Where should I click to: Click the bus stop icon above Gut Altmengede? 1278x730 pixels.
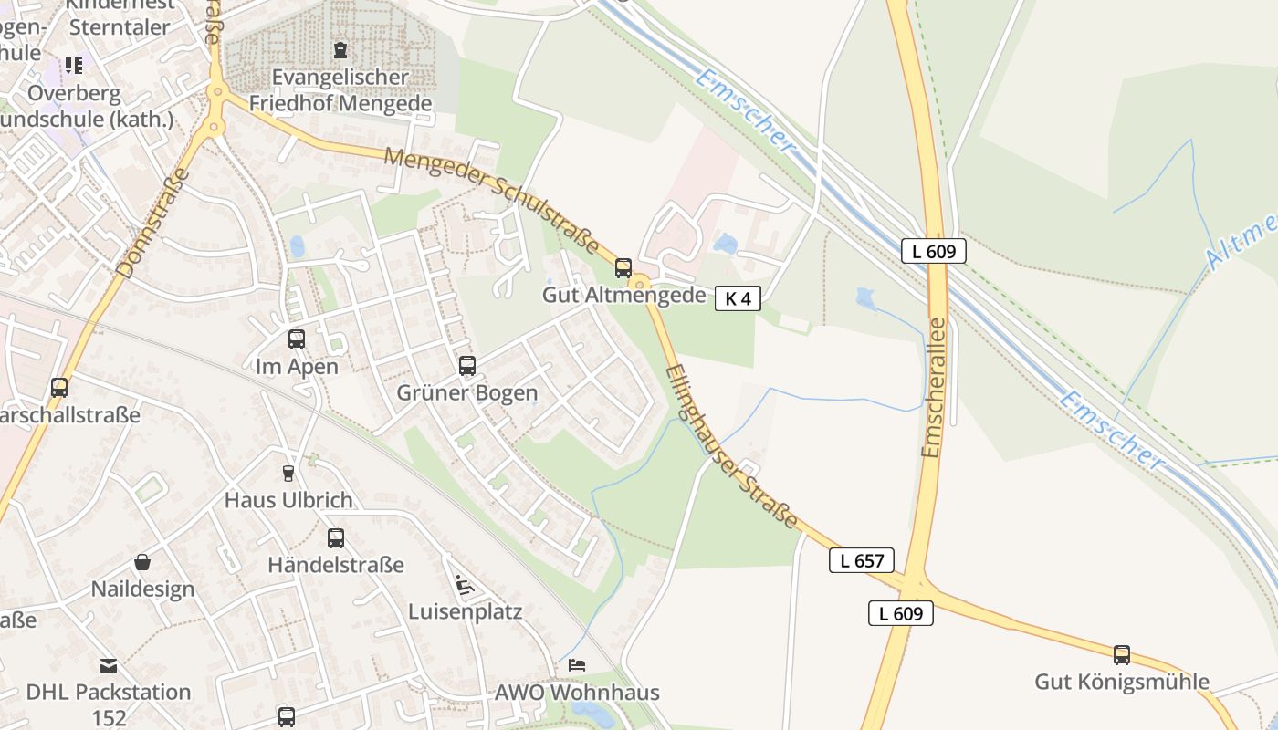pos(623,268)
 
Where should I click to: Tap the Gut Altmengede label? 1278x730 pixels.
pos(624,295)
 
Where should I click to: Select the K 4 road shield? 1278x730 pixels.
pos(738,298)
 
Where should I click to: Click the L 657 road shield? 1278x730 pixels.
pos(862,560)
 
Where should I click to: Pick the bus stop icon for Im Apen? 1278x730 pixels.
pos(297,339)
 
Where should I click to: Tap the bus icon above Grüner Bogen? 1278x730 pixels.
pos(467,366)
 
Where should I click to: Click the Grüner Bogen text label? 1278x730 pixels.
pos(467,393)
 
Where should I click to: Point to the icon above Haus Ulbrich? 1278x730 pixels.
pos(288,473)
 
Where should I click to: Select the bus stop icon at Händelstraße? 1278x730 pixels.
pos(336,538)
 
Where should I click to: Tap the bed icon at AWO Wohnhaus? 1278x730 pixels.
pos(577,664)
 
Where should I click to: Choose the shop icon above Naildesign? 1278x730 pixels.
pos(142,562)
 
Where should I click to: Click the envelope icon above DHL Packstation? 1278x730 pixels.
pos(109,665)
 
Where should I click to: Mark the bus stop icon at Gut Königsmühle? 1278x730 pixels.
pos(1122,654)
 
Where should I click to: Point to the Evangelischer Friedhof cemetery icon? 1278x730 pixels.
pos(340,49)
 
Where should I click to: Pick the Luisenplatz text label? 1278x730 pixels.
pos(466,611)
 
